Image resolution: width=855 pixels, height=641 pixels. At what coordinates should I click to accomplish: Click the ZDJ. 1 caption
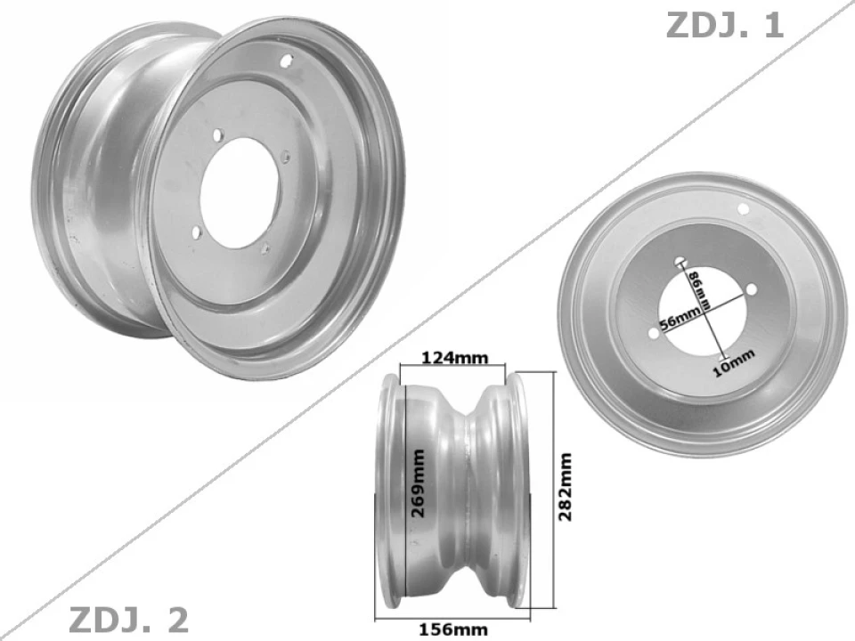coord(724,24)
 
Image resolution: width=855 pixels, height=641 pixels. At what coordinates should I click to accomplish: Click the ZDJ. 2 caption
coord(128,620)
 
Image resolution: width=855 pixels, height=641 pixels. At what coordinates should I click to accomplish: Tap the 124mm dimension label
coord(454,358)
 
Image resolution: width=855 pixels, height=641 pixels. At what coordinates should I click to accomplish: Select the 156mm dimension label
coord(454,629)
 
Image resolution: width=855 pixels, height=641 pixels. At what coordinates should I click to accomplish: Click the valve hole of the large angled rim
coord(286,61)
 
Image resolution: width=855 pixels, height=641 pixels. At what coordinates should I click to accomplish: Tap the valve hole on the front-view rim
coord(745,208)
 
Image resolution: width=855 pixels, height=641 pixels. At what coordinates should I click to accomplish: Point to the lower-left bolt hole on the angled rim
coord(195,232)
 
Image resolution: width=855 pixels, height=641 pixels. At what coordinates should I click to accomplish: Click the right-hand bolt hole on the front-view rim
coord(751,289)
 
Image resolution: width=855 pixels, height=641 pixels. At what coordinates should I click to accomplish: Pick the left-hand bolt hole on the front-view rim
coord(655,333)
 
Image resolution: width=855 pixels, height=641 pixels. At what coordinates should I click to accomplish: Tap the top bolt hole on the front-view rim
coord(681,263)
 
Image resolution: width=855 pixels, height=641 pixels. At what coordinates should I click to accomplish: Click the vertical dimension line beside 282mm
coord(554,490)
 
